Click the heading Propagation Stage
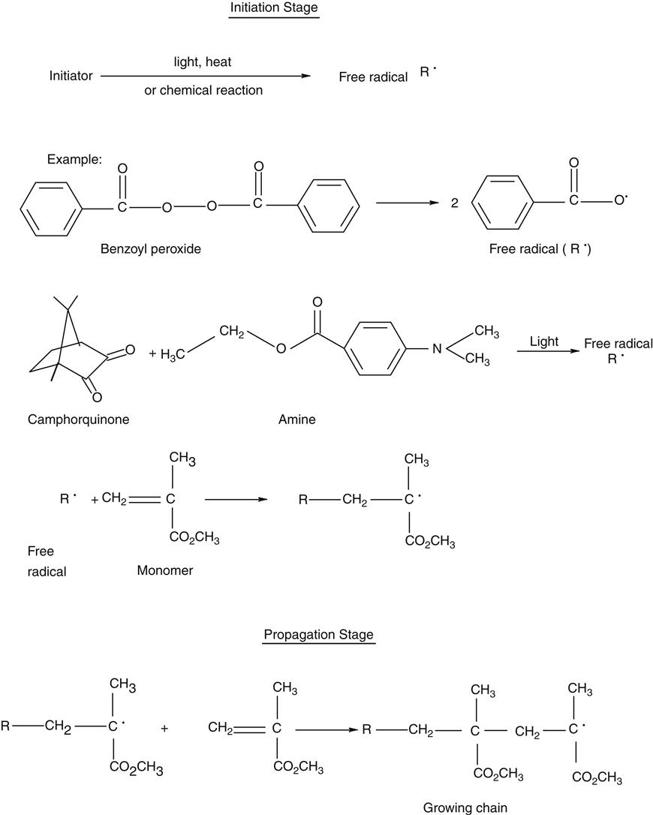click(318, 634)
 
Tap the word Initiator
click(71, 76)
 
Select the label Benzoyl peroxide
click(151, 248)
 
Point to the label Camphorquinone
click(78, 420)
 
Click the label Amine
click(296, 420)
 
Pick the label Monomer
click(164, 570)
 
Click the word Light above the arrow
click(544, 341)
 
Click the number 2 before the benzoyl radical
click(454, 203)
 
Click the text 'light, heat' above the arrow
click(203, 62)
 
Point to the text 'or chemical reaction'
click(203, 90)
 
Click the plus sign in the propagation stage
click(165, 727)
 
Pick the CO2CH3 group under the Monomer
click(194, 538)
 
